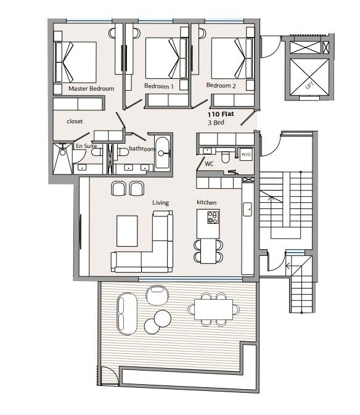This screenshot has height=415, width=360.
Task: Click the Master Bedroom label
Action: pos(91,89)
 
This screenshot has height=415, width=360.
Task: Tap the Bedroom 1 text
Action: pos(158,86)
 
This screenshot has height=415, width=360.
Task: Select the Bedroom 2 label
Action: pos(221,86)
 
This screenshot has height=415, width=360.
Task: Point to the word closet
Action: pos(75,121)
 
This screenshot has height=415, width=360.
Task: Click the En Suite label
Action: pos(86,146)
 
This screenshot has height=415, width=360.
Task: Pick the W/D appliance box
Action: pos(246,155)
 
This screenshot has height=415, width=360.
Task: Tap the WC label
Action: pos(209,164)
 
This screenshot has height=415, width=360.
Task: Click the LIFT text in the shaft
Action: pos(309,85)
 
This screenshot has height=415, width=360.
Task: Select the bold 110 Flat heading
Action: pos(221,114)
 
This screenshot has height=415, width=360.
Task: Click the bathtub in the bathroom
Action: pos(162,153)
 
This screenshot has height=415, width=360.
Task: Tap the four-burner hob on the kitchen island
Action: pos(213,218)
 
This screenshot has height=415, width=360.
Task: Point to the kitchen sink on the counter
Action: pos(247,210)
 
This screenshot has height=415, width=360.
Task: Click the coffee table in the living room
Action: pos(127,231)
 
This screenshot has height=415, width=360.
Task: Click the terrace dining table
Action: pos(213,310)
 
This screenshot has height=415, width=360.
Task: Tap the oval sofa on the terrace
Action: pos(127,314)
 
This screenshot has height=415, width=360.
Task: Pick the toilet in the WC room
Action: pos(226,157)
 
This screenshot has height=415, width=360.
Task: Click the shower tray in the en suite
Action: pos(62,159)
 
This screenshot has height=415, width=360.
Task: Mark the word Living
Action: pos(160,203)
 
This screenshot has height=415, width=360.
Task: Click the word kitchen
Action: pos(207,202)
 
